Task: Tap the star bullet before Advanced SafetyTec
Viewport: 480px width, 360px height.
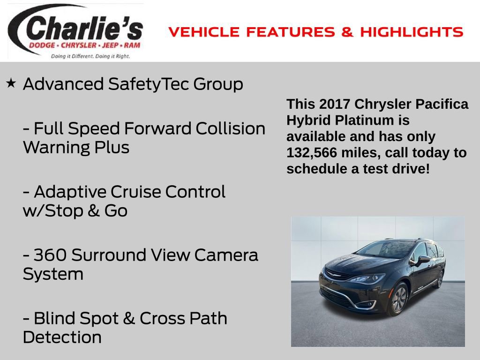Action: [x=11, y=83]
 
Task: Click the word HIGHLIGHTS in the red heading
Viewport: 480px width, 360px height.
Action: [x=412, y=32]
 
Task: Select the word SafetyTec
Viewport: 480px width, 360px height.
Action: [x=149, y=84]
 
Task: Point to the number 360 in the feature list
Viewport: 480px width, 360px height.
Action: [x=50, y=255]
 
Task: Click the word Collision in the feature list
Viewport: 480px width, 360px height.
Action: [x=230, y=128]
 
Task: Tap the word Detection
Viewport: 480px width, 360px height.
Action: [x=62, y=337]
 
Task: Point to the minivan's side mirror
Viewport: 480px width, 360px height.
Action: [x=424, y=259]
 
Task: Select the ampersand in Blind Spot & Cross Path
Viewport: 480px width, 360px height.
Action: [x=128, y=318]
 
